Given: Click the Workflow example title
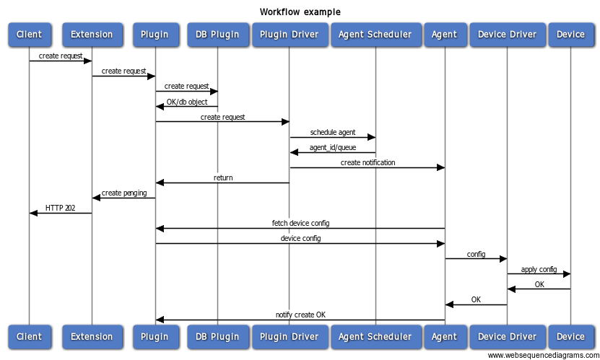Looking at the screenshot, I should pos(300,12).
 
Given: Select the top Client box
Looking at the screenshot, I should pos(30,34).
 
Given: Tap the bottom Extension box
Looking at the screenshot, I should pos(92,336).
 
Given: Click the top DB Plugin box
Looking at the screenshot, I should pos(217,34).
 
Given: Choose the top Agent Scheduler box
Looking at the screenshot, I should pos(375,34).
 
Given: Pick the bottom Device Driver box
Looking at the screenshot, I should pos(507,336).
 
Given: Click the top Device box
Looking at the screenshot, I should pos(570,34).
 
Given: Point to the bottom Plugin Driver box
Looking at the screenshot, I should pos(289,336).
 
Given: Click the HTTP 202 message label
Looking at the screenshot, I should pos(60,208).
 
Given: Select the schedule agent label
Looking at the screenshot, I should pos(332,132).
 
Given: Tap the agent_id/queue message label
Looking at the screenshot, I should pos(332,147).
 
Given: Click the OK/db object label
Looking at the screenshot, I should pos(186,102).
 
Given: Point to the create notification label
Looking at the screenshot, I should pos(368,162).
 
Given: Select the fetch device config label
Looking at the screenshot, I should pos(300,223).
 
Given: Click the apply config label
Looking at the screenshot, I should pos(539,269).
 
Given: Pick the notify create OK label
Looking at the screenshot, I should pos(300,315).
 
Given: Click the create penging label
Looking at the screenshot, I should pos(124,193).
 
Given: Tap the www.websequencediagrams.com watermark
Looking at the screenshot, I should pos(542,355).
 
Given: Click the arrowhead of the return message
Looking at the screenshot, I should pos(160,183).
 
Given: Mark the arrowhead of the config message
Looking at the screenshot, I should pos(503,259).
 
